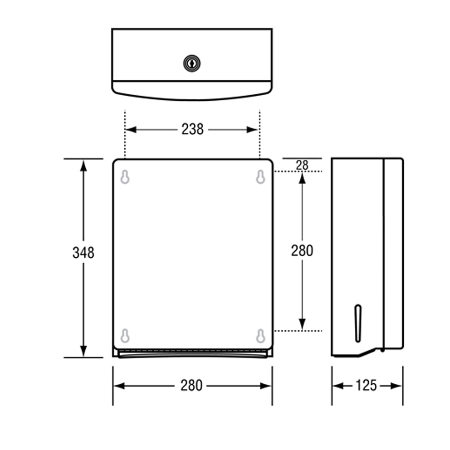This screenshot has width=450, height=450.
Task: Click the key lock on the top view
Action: [x=192, y=64]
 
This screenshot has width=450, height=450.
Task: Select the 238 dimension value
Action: [x=193, y=129]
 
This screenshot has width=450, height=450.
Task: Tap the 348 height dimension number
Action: [x=83, y=253]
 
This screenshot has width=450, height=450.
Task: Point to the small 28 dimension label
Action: [x=302, y=165]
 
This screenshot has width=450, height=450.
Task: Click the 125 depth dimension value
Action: [x=366, y=386]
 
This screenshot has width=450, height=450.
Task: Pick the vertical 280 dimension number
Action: [x=302, y=250]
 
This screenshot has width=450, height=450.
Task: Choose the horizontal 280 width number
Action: [x=191, y=386]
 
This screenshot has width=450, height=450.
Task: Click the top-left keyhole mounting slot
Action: [x=125, y=177]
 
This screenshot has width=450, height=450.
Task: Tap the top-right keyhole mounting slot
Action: [x=260, y=177]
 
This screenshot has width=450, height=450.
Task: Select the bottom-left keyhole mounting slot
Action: [x=125, y=336]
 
